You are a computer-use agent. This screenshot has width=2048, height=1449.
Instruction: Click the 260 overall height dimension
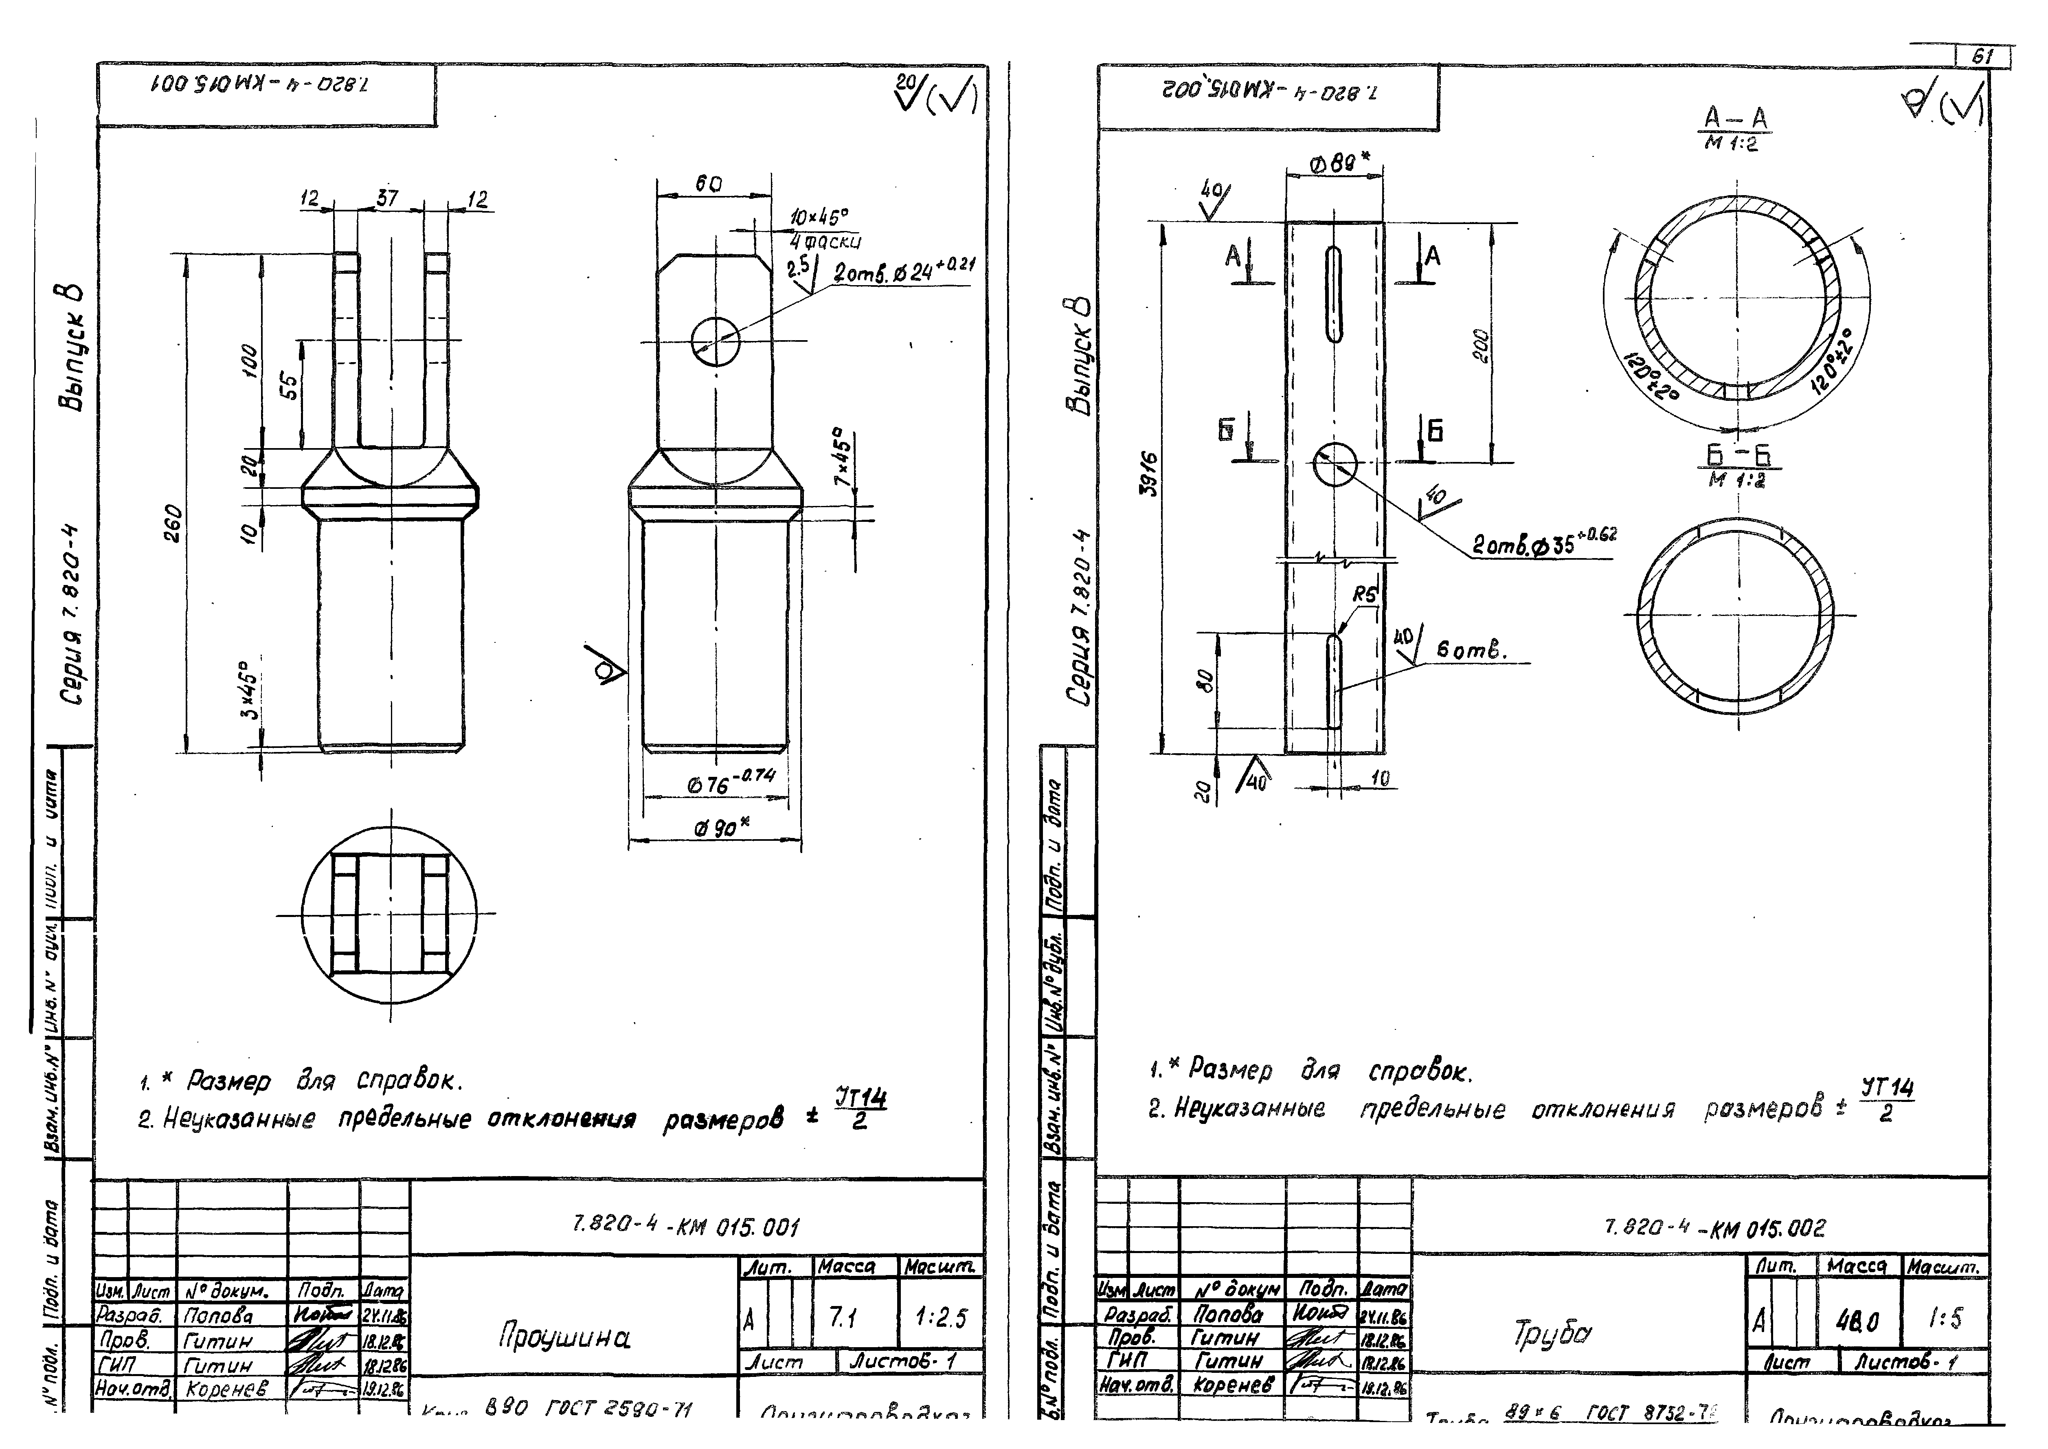point(174,524)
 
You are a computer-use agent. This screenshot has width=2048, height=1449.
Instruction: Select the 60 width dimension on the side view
point(709,184)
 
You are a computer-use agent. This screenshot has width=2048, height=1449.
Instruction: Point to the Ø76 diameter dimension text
point(731,782)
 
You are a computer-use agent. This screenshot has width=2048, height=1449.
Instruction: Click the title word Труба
point(1552,1333)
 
